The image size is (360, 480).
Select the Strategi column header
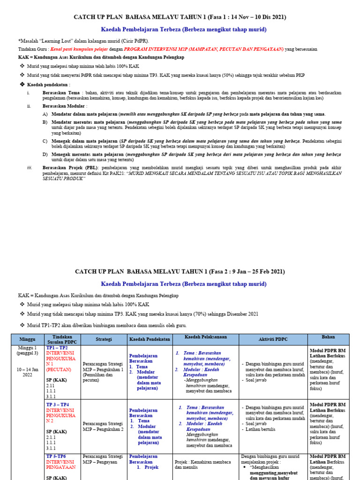(x=104, y=339)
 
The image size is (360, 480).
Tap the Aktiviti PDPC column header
(x=273, y=339)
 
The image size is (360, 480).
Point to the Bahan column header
(x=328, y=337)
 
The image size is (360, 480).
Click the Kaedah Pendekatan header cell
(x=149, y=339)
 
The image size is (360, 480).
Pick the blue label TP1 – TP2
(x=57, y=348)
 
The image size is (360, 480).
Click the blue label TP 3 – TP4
(x=57, y=404)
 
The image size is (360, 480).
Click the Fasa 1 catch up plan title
(x=180, y=17)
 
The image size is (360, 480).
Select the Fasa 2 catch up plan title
(x=180, y=271)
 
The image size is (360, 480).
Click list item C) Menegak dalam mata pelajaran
(x=84, y=141)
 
